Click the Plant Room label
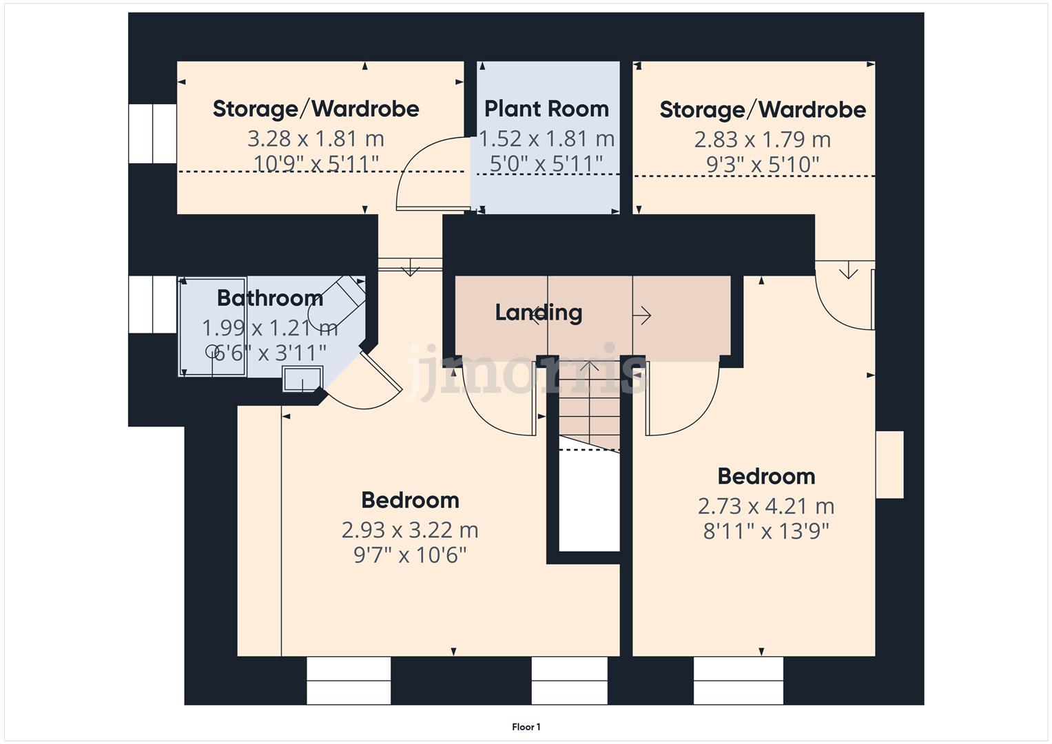point(546,109)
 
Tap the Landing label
point(539,312)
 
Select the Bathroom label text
point(269,298)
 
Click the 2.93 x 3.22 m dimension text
point(410,530)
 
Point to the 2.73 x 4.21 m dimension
point(766,506)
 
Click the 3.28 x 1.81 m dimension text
point(316,138)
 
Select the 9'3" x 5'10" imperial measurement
point(762,165)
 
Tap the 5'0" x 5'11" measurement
point(546,164)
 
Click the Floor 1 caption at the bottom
point(526,727)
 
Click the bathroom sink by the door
point(302,380)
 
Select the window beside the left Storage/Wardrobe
point(152,134)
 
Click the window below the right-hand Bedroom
point(738,681)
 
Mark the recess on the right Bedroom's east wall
point(889,464)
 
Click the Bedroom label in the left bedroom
point(410,500)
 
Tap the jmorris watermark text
point(527,372)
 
